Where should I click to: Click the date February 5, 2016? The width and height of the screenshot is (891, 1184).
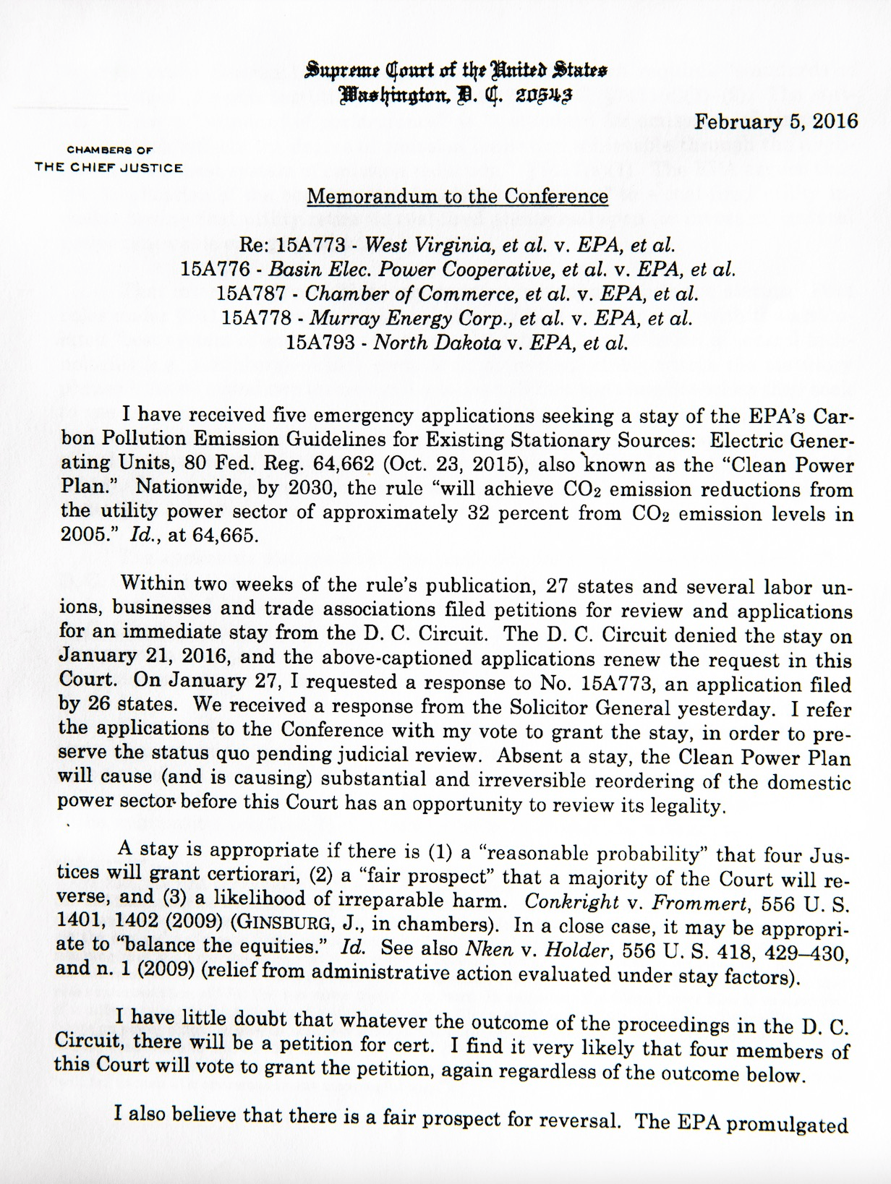[776, 121]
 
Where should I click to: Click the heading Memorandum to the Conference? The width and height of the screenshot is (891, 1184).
[457, 197]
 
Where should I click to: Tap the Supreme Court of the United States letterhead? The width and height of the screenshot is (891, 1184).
[457, 71]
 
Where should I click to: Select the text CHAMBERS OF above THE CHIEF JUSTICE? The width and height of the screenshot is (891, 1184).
[109, 150]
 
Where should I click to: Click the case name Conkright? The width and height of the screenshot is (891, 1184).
[571, 903]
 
